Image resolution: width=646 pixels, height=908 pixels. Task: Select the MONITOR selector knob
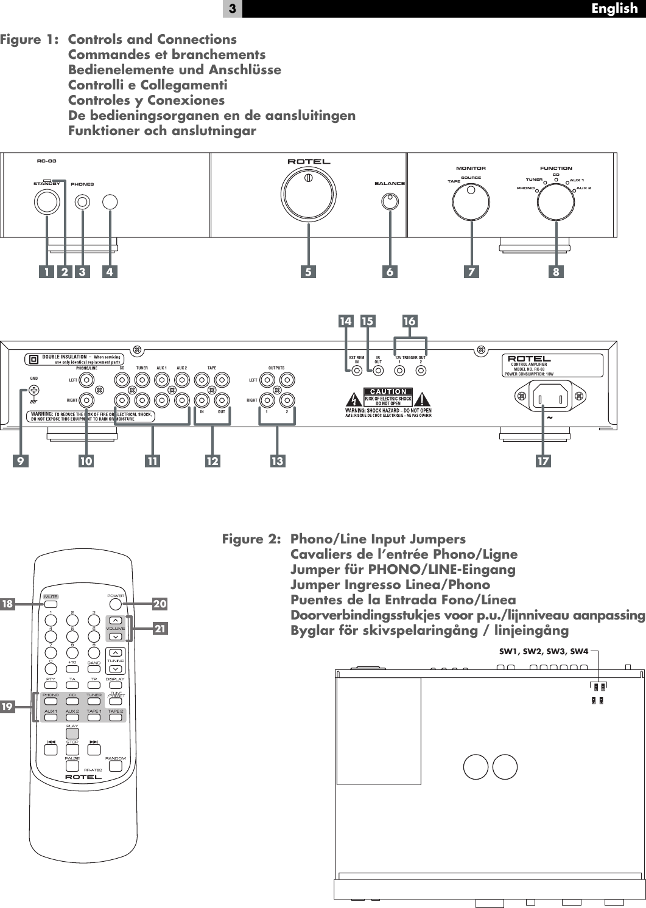tap(471, 201)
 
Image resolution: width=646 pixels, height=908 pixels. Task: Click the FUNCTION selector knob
tap(556, 201)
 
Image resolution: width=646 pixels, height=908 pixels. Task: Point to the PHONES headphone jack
tap(82, 202)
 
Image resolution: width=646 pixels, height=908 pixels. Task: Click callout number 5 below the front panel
tap(308, 272)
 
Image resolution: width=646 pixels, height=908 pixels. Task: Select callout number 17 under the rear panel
tap(543, 461)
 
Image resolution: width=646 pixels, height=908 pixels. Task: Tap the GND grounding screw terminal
tap(34, 391)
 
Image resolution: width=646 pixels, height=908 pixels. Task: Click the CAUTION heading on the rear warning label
tap(388, 391)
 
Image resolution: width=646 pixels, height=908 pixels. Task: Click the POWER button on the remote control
tap(116, 604)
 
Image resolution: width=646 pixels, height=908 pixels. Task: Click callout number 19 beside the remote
tap(7, 707)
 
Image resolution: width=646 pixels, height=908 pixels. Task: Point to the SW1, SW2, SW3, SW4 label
tap(544, 651)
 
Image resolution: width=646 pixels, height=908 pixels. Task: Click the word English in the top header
tap(614, 9)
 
